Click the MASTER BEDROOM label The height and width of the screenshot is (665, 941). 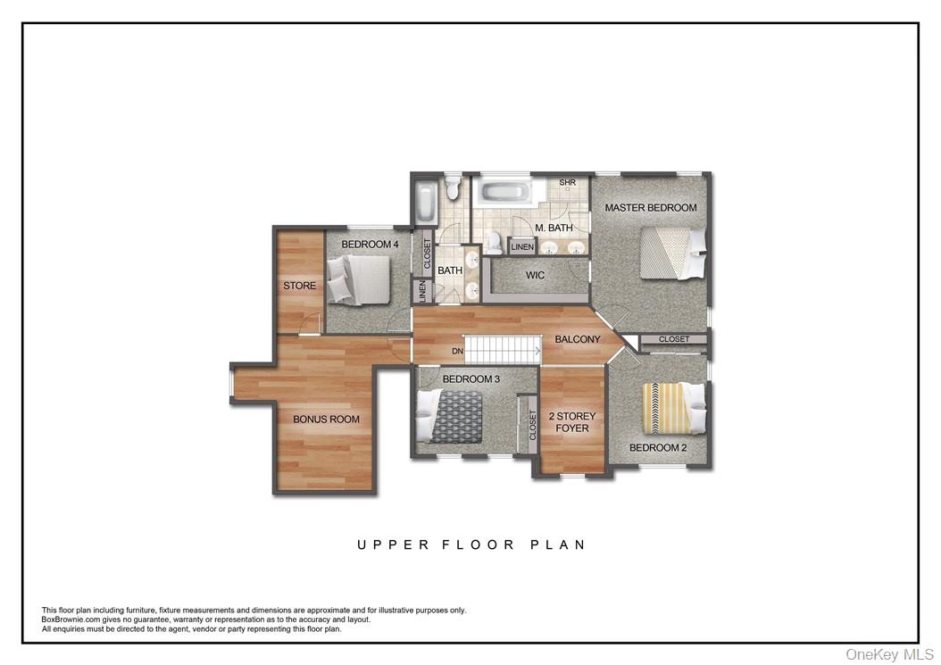click(650, 208)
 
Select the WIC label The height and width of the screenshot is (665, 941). click(535, 275)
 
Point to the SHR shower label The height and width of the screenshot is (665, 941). click(567, 183)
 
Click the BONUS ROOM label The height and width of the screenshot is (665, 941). click(326, 419)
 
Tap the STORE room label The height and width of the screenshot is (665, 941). click(299, 286)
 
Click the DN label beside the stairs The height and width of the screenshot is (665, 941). click(457, 351)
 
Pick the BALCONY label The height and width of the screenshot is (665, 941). click(578, 339)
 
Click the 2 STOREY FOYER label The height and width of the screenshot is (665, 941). click(571, 422)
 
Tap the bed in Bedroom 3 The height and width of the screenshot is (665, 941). click(451, 416)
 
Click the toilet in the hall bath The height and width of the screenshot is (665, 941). click(452, 187)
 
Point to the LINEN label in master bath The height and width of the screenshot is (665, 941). click(522, 246)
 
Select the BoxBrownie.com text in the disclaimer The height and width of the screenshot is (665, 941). click(76, 619)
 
